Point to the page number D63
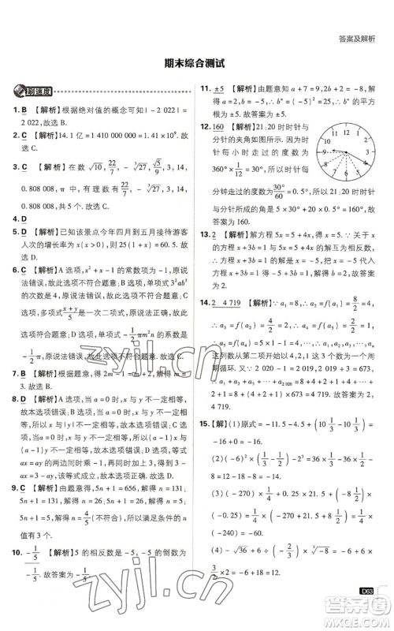[364, 591]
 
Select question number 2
[14, 136]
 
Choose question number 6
[14, 270]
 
